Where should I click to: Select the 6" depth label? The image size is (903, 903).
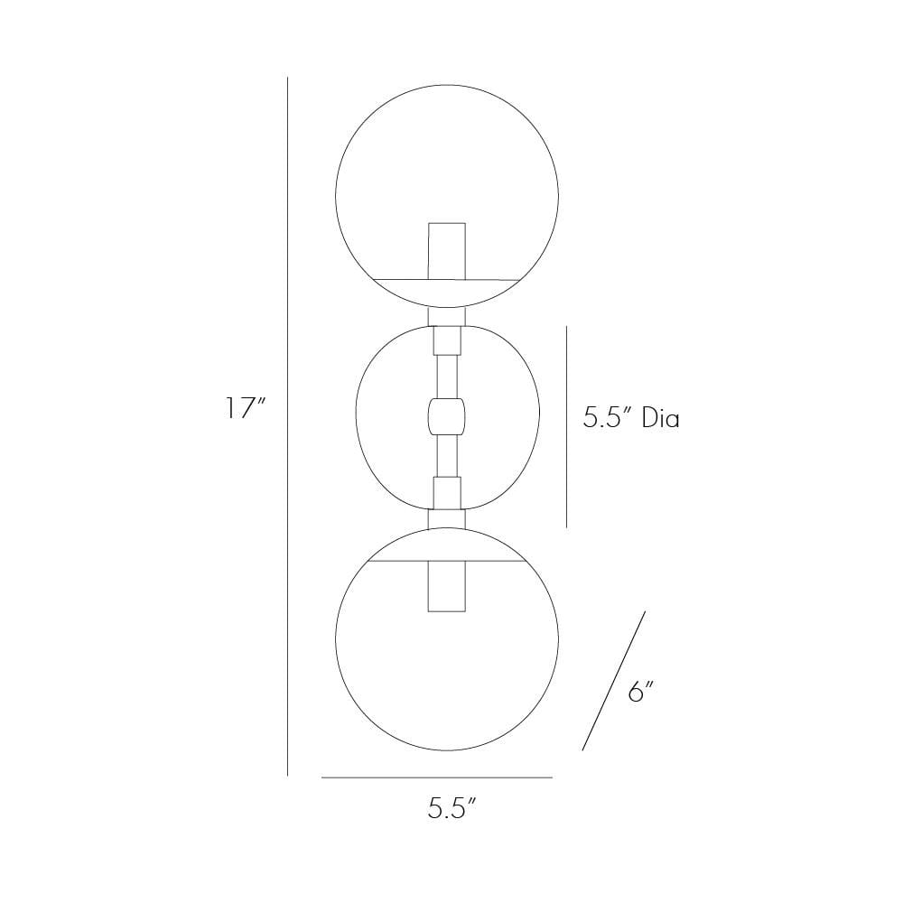640,693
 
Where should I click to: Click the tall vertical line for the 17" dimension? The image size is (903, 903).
287,424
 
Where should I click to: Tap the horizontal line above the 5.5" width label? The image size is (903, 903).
436,777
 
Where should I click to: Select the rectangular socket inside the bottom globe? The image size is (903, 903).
447,585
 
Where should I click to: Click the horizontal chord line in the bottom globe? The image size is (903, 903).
397,560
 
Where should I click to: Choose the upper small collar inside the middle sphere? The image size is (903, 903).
447,340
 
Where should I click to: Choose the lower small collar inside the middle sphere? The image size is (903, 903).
447,492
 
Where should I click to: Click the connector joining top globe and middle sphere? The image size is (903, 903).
447,315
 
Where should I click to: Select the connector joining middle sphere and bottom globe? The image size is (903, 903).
447,517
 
